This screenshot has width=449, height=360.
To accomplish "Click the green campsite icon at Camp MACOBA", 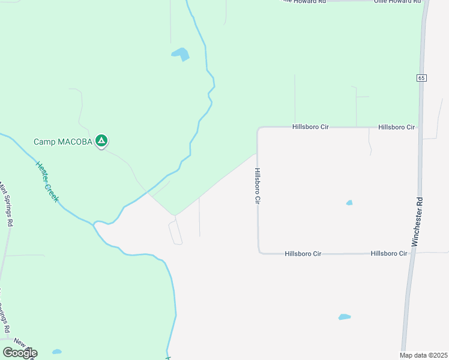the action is click(x=102, y=141).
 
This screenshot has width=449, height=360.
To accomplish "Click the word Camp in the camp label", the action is click(x=43, y=142).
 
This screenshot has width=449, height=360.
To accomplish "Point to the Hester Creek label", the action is click(x=47, y=181).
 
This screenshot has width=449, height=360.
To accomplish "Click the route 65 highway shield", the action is click(x=421, y=78).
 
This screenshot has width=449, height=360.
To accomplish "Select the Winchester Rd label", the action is click(x=418, y=221).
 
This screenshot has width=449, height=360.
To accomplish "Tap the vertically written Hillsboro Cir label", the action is click(x=258, y=187).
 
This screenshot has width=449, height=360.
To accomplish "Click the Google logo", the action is click(x=20, y=352).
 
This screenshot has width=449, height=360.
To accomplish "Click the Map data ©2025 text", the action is click(x=423, y=355).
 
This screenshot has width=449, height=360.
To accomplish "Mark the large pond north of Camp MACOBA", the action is click(x=181, y=55).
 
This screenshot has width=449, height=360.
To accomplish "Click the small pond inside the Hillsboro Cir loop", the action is click(x=349, y=203).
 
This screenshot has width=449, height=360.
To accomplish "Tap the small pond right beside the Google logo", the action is click(x=56, y=352).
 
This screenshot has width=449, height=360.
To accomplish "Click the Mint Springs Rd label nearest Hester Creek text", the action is click(x=7, y=205).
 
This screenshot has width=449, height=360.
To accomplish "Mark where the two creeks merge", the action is click(x=94, y=224).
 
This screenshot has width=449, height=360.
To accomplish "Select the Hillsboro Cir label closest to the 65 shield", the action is click(x=396, y=127).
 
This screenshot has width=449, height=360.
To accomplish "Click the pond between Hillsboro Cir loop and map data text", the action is click(x=344, y=317).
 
